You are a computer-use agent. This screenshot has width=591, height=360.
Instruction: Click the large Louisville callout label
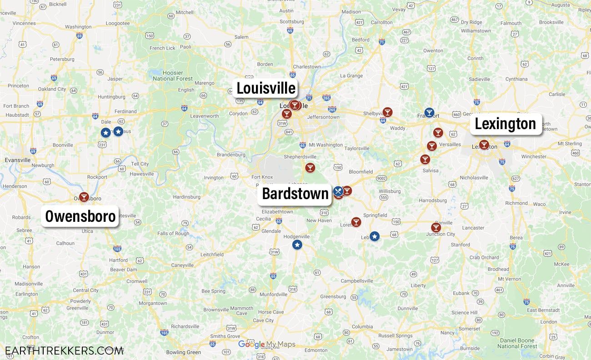(266, 88)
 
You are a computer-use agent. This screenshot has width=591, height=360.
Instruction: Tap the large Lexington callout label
(505, 124)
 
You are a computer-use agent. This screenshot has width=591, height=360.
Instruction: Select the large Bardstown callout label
(295, 194)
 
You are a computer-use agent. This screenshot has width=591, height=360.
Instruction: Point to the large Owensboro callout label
(80, 216)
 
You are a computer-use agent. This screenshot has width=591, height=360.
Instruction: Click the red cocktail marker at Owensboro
(84, 197)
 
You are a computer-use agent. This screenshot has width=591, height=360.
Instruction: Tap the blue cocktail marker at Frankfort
(429, 112)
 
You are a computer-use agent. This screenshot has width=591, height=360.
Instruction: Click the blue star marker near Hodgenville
(297, 245)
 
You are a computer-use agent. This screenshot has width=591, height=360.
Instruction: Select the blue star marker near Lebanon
(374, 236)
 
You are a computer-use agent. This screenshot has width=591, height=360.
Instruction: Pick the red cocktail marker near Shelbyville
(387, 112)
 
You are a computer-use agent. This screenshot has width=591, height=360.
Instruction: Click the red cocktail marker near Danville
(436, 227)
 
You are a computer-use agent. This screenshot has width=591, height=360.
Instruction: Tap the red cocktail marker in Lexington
(484, 145)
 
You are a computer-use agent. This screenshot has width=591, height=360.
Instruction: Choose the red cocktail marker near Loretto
(356, 222)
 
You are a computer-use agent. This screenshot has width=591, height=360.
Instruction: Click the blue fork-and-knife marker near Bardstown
(338, 191)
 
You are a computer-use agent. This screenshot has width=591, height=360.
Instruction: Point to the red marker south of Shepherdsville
(310, 168)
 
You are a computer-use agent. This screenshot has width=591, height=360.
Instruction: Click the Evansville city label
(18, 160)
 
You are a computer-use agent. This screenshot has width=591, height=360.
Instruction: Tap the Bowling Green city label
(183, 352)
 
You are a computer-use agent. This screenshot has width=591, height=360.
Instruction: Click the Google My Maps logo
(266, 345)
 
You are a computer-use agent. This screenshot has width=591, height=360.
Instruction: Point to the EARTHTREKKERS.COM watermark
(64, 350)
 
